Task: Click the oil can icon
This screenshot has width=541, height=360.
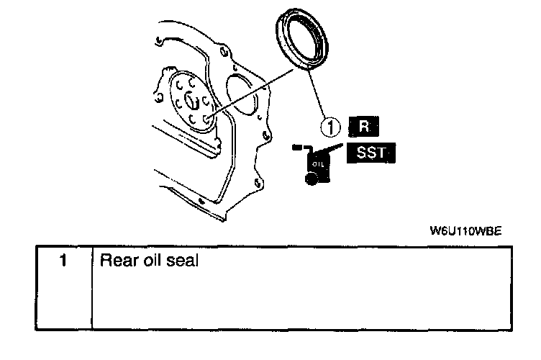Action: click(x=317, y=165)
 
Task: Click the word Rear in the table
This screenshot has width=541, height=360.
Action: click(x=115, y=259)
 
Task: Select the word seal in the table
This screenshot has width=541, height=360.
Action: click(x=181, y=259)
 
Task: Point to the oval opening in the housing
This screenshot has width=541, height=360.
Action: click(x=240, y=93)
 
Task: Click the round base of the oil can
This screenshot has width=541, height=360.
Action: click(x=312, y=180)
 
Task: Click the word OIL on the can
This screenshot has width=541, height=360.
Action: click(x=318, y=164)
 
